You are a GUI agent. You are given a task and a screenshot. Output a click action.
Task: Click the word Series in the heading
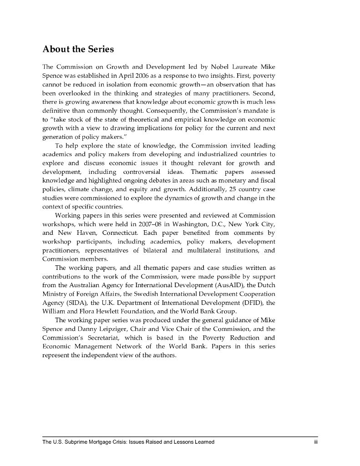pyautogui.click(x=97, y=49)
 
